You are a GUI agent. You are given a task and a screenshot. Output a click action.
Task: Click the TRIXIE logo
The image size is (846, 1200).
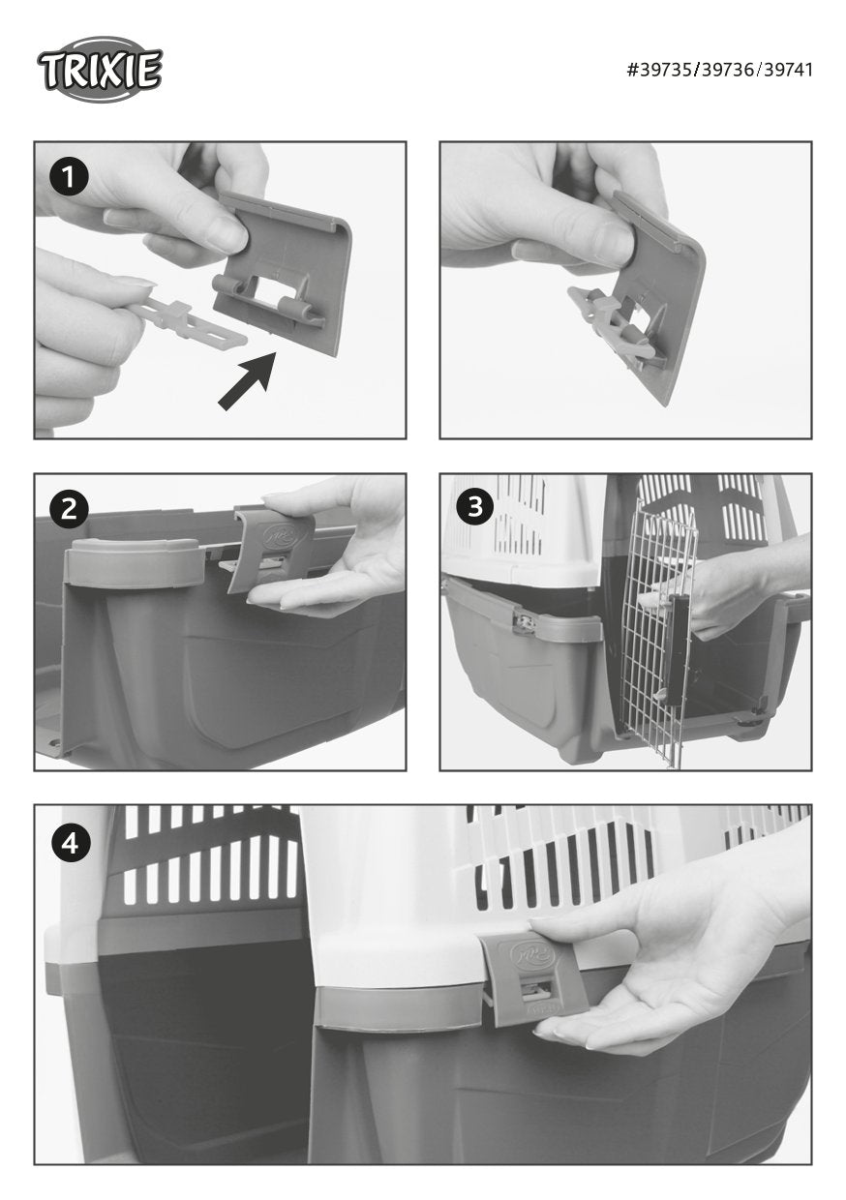pos(100,69)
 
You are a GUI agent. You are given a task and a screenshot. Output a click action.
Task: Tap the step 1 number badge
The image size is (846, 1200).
pos(69,177)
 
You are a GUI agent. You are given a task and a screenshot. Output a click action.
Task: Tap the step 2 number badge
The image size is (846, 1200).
pos(69,509)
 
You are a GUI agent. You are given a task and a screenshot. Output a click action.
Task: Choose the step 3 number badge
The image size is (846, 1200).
pos(474,506)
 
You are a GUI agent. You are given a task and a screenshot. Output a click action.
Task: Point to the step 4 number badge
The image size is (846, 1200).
pos(71,844)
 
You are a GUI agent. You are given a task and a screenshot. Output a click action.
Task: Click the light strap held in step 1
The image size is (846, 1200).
pos(189,319)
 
